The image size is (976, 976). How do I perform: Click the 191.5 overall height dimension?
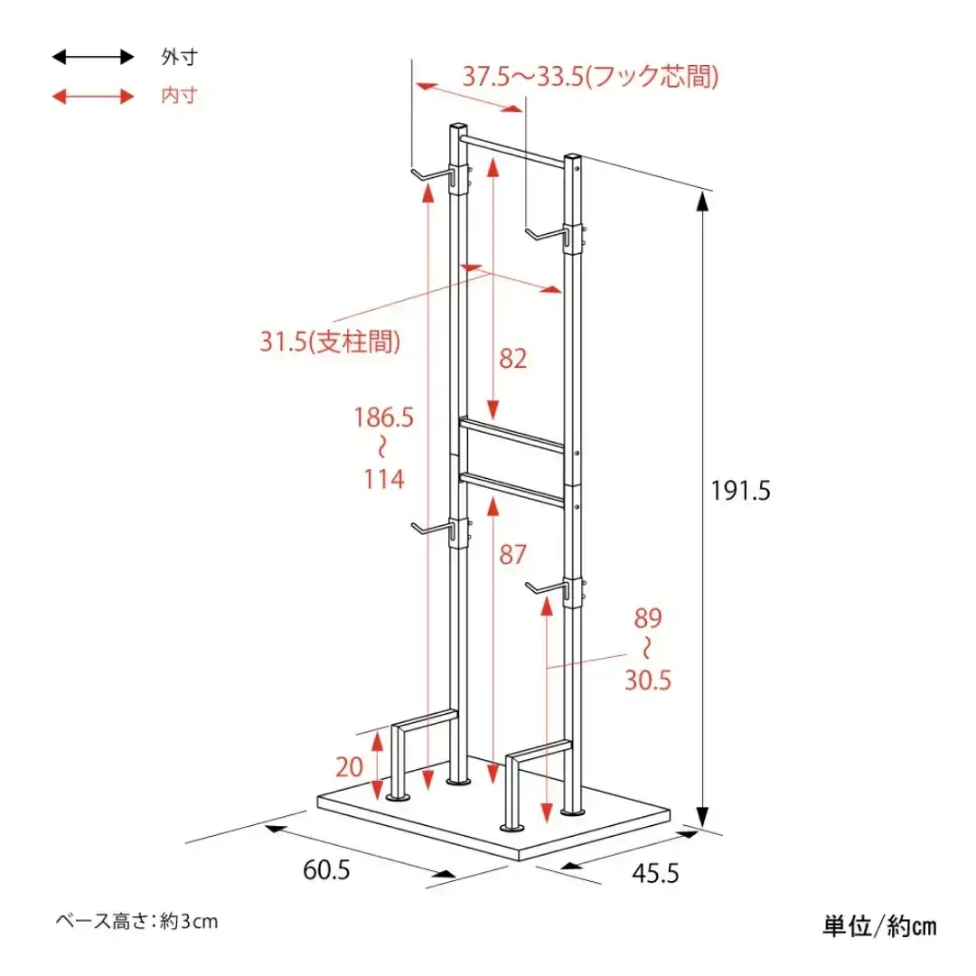tap(741, 491)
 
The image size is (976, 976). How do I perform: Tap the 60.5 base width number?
tap(326, 869)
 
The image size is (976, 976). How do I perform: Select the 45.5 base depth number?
tap(655, 873)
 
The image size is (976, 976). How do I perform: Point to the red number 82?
tap(513, 359)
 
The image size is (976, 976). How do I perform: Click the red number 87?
tap(513, 554)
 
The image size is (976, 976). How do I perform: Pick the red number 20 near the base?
tap(349, 767)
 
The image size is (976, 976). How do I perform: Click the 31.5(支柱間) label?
tap(330, 342)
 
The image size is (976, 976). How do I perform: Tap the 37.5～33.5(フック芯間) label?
tap(591, 77)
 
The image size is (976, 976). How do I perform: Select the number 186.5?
tap(383, 417)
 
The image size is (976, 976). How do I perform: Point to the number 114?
tap(384, 479)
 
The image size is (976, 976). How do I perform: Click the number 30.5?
tap(648, 680)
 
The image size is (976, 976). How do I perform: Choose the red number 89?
tap(648, 618)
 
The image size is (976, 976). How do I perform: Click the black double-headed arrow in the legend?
tap(93, 57)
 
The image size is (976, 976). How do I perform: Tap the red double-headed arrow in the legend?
tap(93, 97)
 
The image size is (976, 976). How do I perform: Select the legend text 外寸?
tap(179, 57)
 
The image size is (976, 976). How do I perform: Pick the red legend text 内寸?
tap(179, 96)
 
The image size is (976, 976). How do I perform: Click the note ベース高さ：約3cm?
tap(137, 921)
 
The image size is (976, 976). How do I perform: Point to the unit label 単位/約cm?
tap(879, 926)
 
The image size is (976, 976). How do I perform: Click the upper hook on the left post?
tap(432, 175)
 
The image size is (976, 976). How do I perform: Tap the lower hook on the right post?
tap(548, 589)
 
